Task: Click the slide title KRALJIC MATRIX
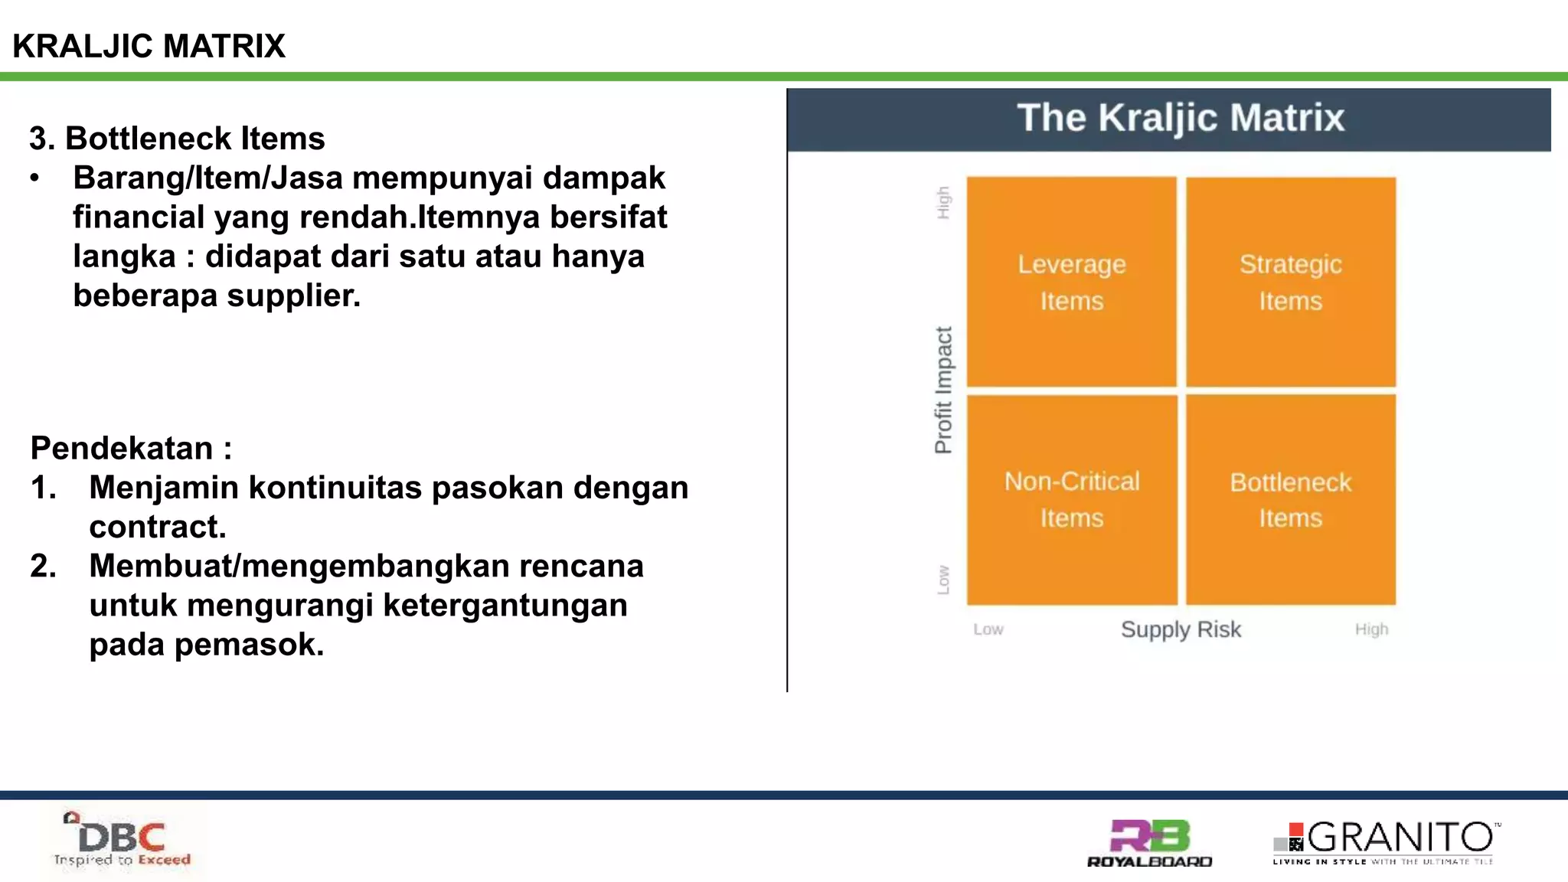click(x=149, y=46)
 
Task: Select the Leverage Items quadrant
click(x=1071, y=282)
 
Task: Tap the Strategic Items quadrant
click(x=1290, y=282)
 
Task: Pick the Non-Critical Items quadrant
click(x=1071, y=499)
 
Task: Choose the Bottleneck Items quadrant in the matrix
click(x=1290, y=499)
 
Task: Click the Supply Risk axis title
click(x=1181, y=629)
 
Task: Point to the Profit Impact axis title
click(x=943, y=390)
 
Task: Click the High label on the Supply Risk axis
click(x=1371, y=629)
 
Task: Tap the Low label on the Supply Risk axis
click(x=988, y=629)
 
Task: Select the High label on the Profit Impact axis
click(x=943, y=203)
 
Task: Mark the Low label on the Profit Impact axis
click(x=943, y=580)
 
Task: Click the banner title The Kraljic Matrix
click(x=1180, y=118)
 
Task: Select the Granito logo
click(x=1386, y=842)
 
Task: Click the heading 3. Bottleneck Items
click(x=177, y=139)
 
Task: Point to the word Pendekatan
click(x=121, y=448)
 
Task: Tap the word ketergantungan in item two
click(x=505, y=606)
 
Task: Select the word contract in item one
click(x=157, y=528)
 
